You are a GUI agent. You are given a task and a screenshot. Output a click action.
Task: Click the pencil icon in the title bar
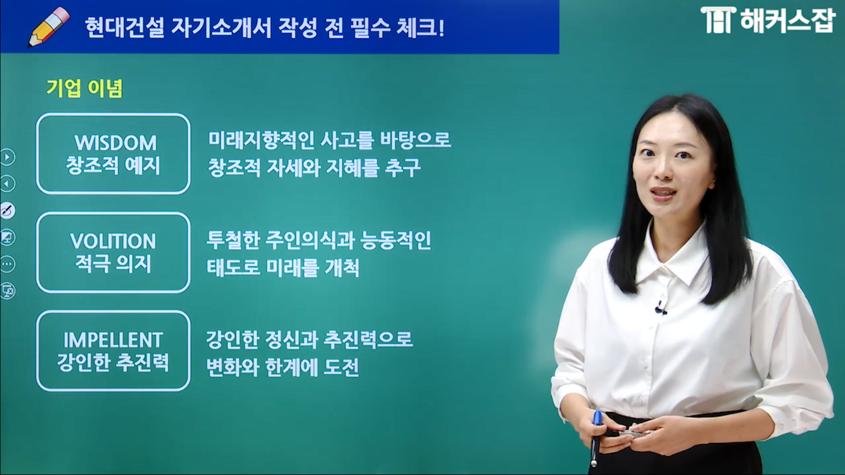click(x=49, y=27)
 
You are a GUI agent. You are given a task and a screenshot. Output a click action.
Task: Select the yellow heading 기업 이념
click(x=85, y=89)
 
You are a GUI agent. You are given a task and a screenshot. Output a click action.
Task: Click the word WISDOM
click(x=115, y=143)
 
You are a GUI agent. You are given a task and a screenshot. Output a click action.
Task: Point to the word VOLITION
click(x=113, y=241)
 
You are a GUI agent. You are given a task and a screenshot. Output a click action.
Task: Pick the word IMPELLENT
click(x=113, y=340)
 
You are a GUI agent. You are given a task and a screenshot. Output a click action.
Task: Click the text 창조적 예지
click(x=113, y=166)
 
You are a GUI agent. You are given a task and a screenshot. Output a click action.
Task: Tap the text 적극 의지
click(x=113, y=264)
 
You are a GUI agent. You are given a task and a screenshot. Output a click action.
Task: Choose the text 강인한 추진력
click(x=113, y=362)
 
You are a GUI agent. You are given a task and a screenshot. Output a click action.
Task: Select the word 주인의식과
click(x=310, y=241)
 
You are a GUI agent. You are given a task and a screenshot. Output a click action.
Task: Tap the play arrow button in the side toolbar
click(x=8, y=157)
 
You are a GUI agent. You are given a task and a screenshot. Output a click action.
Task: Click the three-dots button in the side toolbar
click(x=8, y=264)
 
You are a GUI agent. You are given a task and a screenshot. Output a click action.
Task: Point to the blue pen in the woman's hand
click(x=596, y=433)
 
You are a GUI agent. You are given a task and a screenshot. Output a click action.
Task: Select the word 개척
click(x=342, y=268)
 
